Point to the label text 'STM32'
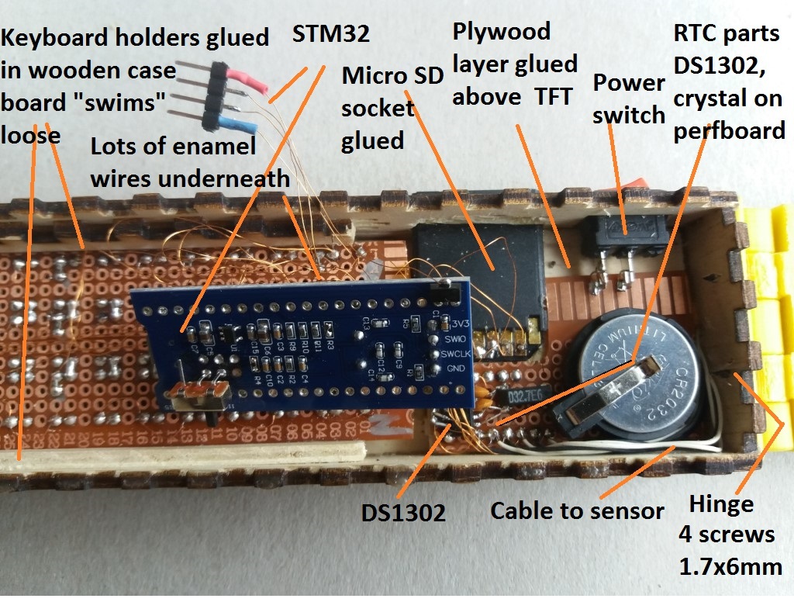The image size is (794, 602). coord(332,36)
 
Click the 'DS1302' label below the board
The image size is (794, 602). coord(403,513)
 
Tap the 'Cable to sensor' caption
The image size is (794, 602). coord(578,510)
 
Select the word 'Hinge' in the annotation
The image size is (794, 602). coord(721,504)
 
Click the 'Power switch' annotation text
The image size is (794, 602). coord(629,99)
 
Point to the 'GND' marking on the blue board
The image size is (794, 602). coord(446,368)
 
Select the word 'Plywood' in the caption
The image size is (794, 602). coord(502,32)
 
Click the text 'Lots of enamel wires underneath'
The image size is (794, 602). coord(191,163)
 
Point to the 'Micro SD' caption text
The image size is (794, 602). coord(392,75)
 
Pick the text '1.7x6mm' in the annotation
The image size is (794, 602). coord(730,566)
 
